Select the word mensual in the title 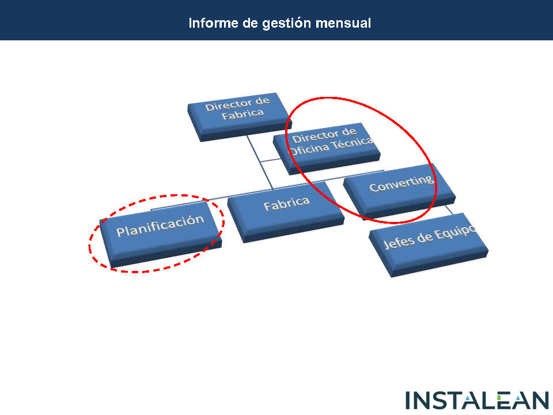point(343,23)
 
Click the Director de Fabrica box point(240,117)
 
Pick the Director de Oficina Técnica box point(327,149)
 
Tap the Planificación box point(161,234)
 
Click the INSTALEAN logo point(477,401)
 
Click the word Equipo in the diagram point(455,233)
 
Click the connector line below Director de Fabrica point(260,161)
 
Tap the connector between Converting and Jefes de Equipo point(449,209)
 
